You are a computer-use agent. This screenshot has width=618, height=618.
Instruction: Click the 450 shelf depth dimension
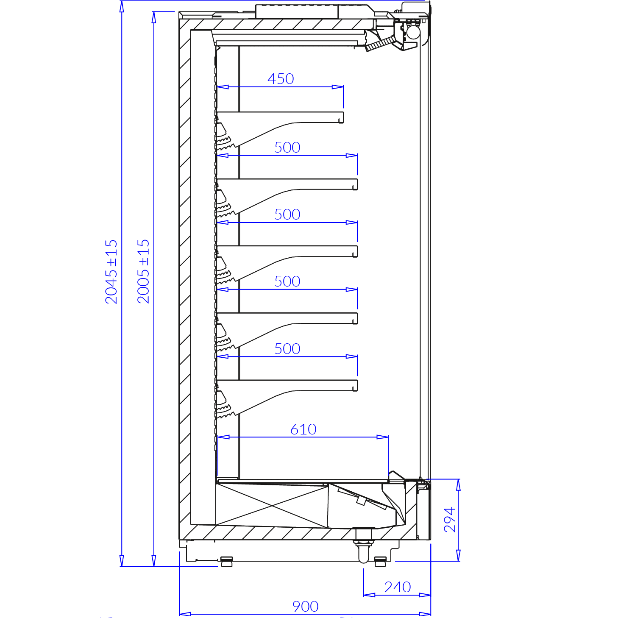(281, 79)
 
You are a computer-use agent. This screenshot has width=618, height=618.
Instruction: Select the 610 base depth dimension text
(303, 429)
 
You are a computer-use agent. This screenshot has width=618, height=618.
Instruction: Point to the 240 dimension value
(398, 587)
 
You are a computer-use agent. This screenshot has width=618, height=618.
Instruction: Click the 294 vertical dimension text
(450, 520)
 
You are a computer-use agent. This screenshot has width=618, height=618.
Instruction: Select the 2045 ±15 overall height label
(111, 272)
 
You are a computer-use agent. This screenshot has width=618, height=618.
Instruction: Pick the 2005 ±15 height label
(143, 271)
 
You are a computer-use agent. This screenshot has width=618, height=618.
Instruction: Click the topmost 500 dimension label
(287, 148)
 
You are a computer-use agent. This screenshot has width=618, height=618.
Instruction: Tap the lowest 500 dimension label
(287, 348)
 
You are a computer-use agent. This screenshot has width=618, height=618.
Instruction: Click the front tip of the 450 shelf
(343, 117)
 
